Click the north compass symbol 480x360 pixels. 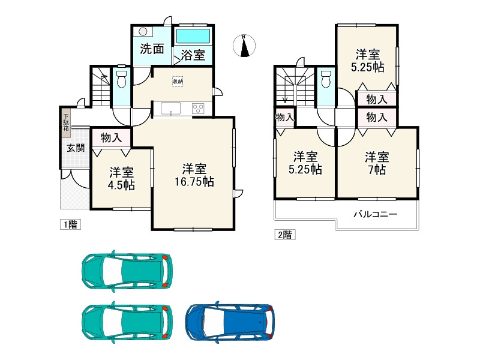[x=244, y=46]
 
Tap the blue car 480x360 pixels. [x=230, y=320]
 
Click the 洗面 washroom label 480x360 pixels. [x=152, y=49]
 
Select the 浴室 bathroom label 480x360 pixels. [x=193, y=56]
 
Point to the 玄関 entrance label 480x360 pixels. [x=75, y=148]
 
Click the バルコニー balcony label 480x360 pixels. [x=374, y=214]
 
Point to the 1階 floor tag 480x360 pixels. [x=70, y=225]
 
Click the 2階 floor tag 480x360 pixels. [x=285, y=235]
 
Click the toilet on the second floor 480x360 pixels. [x=326, y=79]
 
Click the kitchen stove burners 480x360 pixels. [x=198, y=109]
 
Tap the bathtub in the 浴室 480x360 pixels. [x=193, y=35]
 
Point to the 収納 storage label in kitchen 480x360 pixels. [x=178, y=82]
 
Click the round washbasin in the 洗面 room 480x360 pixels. [x=143, y=32]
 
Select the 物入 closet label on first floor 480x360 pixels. [x=112, y=137]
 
